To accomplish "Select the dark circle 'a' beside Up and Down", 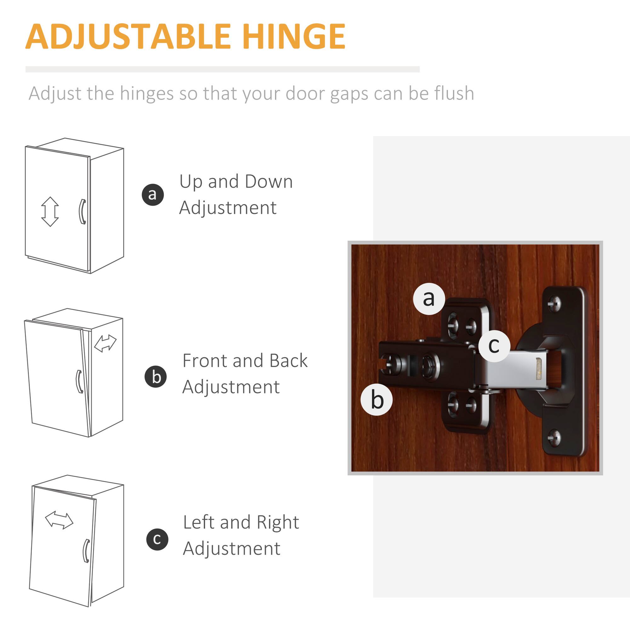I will [152, 195].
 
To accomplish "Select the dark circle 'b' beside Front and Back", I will [156, 377].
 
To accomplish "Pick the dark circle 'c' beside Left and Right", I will [157, 539].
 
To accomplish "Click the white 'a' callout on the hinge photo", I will [429, 299].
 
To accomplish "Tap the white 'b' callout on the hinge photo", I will [377, 400].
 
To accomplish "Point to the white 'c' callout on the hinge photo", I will [494, 346].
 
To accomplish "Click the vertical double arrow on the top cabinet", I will [50, 212].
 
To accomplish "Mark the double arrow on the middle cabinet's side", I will [105, 344].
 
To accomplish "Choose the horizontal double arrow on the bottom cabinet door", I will [59, 520].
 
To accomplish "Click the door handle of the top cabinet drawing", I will [83, 212].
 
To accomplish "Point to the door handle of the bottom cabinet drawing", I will [86, 551].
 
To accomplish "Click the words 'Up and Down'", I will [236, 182].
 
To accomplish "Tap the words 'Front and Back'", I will [245, 361].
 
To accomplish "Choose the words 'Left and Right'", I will [241, 522].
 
